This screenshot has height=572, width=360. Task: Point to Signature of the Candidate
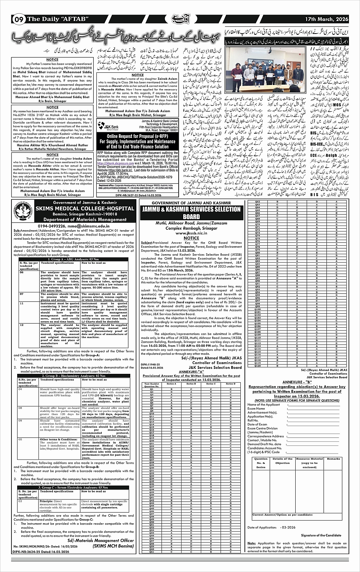click(x=321, y=535)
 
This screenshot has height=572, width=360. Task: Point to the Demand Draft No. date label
click(x=264, y=444)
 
